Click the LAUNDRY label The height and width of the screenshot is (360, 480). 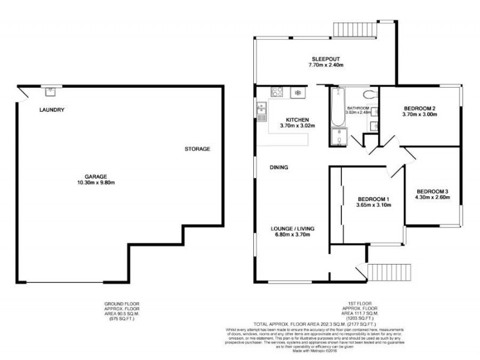[x=52, y=110]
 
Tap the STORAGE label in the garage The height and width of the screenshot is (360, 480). [x=197, y=149]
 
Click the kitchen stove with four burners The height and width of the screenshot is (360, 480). [x=278, y=92]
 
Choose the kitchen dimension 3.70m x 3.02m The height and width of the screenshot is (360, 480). [x=297, y=126]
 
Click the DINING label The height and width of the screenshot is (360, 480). [x=279, y=167]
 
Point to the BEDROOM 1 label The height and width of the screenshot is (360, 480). [x=374, y=199]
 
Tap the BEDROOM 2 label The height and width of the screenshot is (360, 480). [x=419, y=109]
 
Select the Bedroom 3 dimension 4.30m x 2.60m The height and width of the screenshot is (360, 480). [x=433, y=197]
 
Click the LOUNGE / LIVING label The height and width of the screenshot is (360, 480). [x=293, y=229]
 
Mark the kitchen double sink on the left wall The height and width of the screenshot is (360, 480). [x=261, y=110]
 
